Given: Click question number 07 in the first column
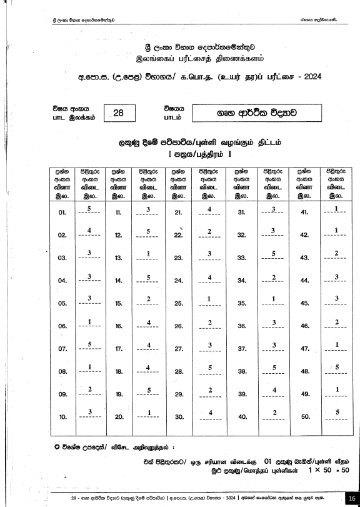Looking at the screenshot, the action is [x=62, y=348].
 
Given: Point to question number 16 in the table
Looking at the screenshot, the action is [x=118, y=326].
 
